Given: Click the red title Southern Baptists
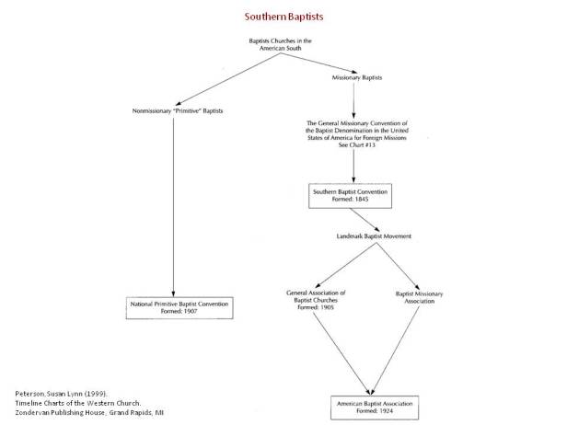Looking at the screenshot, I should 283,16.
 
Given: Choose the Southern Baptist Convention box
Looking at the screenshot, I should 354,195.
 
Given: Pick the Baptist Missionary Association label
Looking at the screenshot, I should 419,296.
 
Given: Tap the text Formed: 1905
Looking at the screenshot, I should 316,307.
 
